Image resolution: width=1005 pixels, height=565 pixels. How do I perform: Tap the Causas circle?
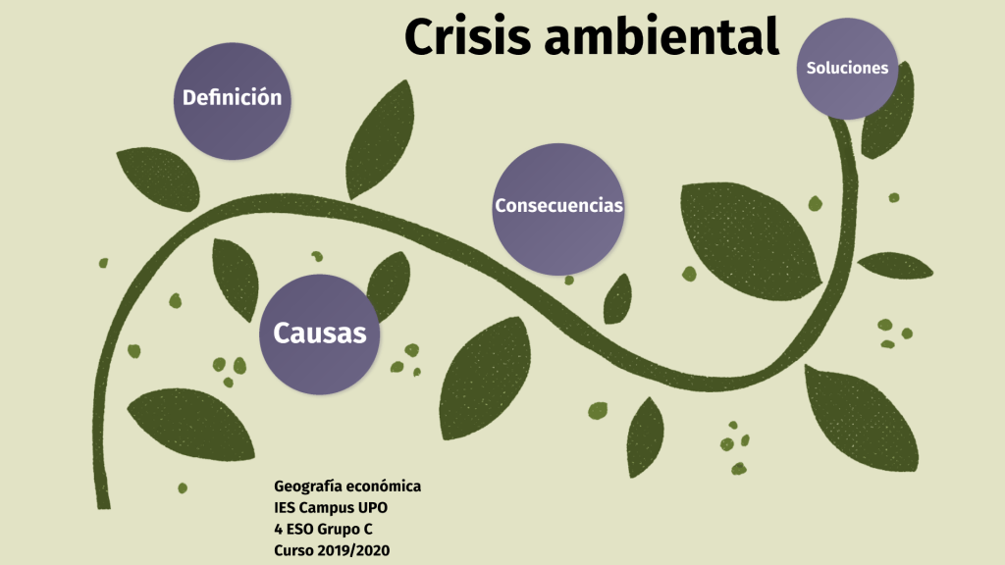(319, 334)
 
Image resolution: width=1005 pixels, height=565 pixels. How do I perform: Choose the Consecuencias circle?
(558, 207)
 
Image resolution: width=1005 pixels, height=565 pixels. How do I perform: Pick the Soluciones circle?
(847, 68)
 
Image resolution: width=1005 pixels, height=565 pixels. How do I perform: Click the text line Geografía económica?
(347, 487)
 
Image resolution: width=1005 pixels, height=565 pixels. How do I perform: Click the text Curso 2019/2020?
(332, 551)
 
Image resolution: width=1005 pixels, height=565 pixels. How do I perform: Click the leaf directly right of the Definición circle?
(381, 136)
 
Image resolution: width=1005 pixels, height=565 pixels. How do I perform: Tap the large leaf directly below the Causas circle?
(192, 424)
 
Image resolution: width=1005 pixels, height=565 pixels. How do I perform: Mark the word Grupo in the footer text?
(339, 530)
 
